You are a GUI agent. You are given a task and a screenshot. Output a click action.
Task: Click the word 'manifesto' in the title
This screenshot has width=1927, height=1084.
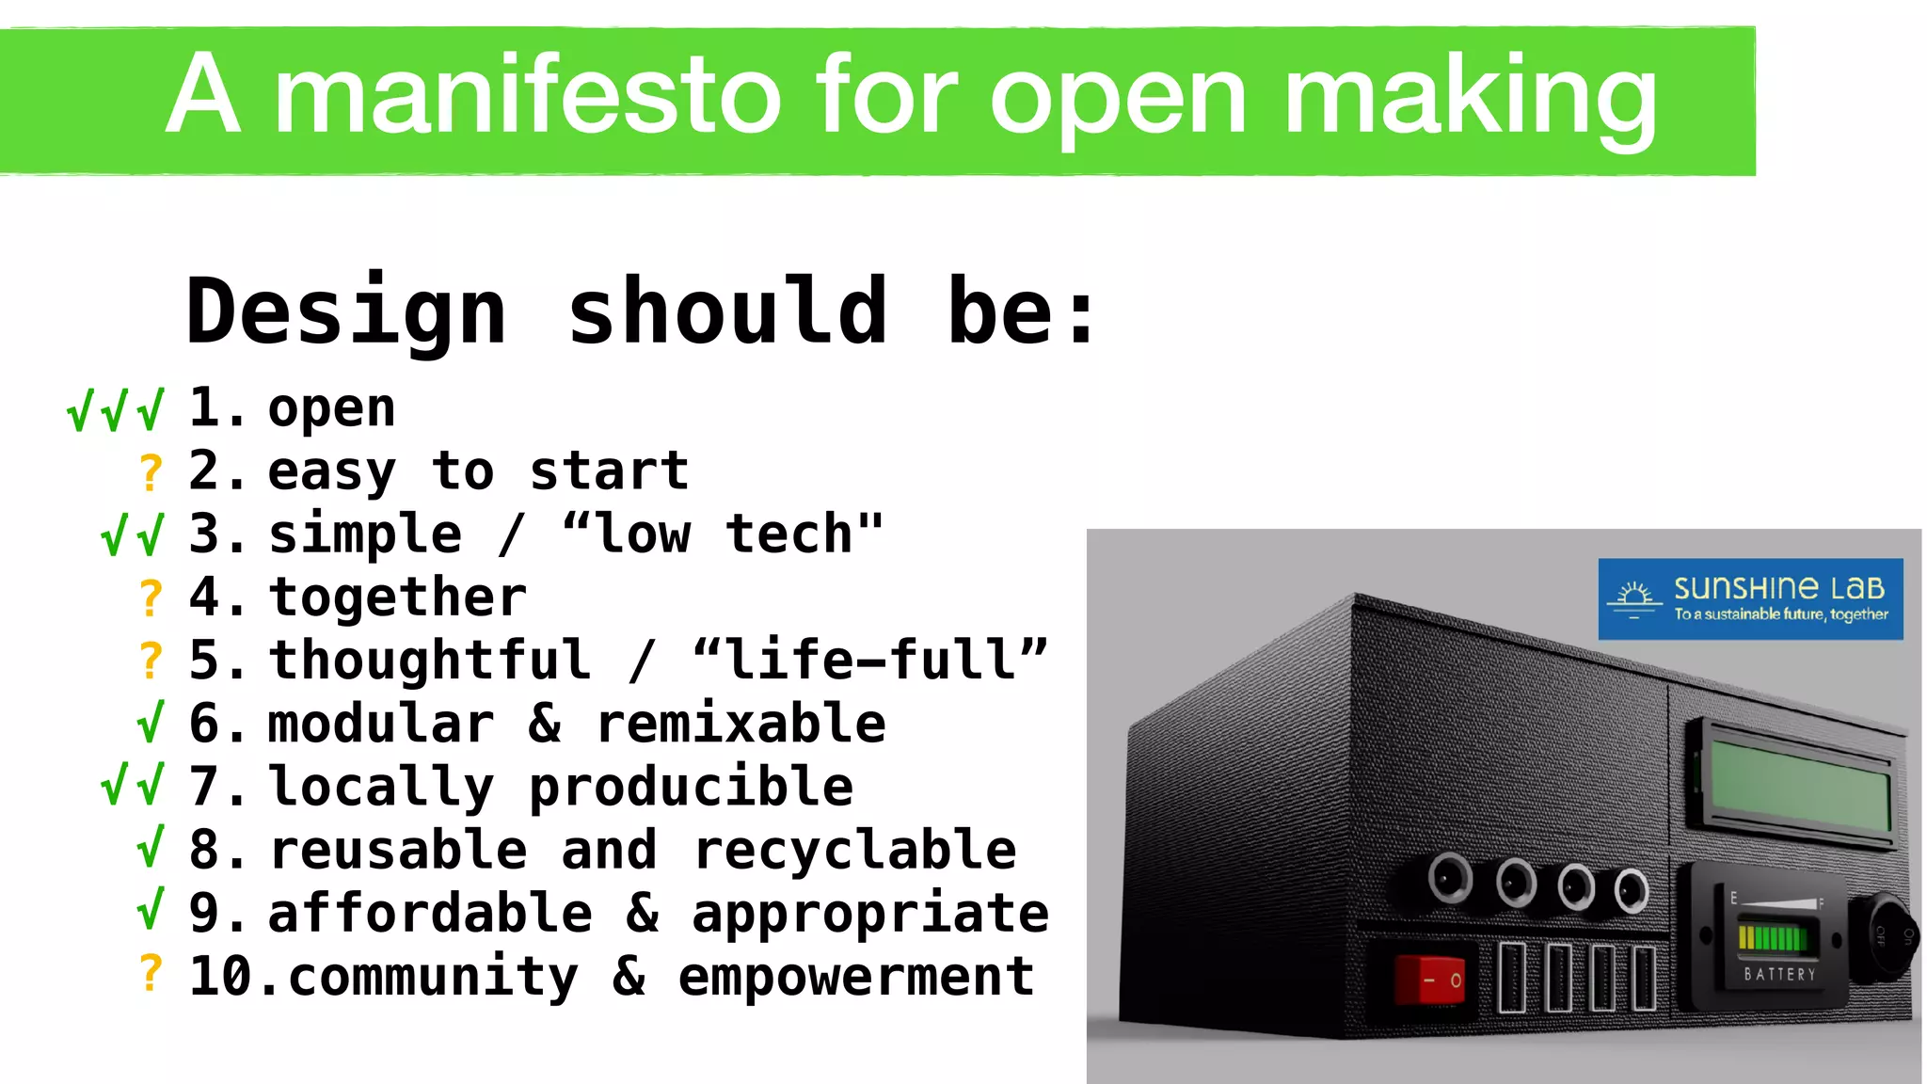point(527,95)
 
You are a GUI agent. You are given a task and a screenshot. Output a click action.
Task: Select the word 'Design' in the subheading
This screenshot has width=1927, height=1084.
point(346,312)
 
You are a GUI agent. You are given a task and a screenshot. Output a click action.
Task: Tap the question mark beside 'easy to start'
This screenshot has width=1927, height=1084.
point(151,471)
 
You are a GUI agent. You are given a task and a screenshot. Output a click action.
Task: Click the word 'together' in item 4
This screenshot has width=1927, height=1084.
point(397,598)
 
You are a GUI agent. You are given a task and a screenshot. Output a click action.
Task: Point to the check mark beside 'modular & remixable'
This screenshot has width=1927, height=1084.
point(151,722)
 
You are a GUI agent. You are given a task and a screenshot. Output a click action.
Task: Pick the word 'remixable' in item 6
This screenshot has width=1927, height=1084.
point(741,724)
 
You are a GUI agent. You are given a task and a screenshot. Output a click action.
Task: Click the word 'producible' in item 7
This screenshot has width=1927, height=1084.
point(691,787)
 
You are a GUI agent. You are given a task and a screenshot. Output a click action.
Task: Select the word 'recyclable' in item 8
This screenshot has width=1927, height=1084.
point(854,851)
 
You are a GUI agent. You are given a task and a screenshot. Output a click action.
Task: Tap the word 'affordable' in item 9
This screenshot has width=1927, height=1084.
point(430,914)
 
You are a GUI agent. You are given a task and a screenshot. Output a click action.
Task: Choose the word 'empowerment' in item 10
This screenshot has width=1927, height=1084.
point(855,977)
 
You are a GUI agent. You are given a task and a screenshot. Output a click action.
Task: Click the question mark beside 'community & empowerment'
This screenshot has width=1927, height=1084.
point(151,973)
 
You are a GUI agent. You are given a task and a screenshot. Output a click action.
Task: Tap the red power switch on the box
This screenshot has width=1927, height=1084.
point(1429,980)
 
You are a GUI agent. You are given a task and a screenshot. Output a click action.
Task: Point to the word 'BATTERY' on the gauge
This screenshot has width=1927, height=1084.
point(1779,975)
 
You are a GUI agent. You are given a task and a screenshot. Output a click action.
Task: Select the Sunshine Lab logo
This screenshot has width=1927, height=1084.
point(1750,599)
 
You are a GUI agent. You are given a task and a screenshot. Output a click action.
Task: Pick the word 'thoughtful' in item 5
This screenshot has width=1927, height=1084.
point(430,661)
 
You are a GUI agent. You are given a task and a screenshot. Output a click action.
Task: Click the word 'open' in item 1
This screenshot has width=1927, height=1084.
point(331,409)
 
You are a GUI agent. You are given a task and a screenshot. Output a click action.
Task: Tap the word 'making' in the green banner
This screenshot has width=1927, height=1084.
point(1469,95)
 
